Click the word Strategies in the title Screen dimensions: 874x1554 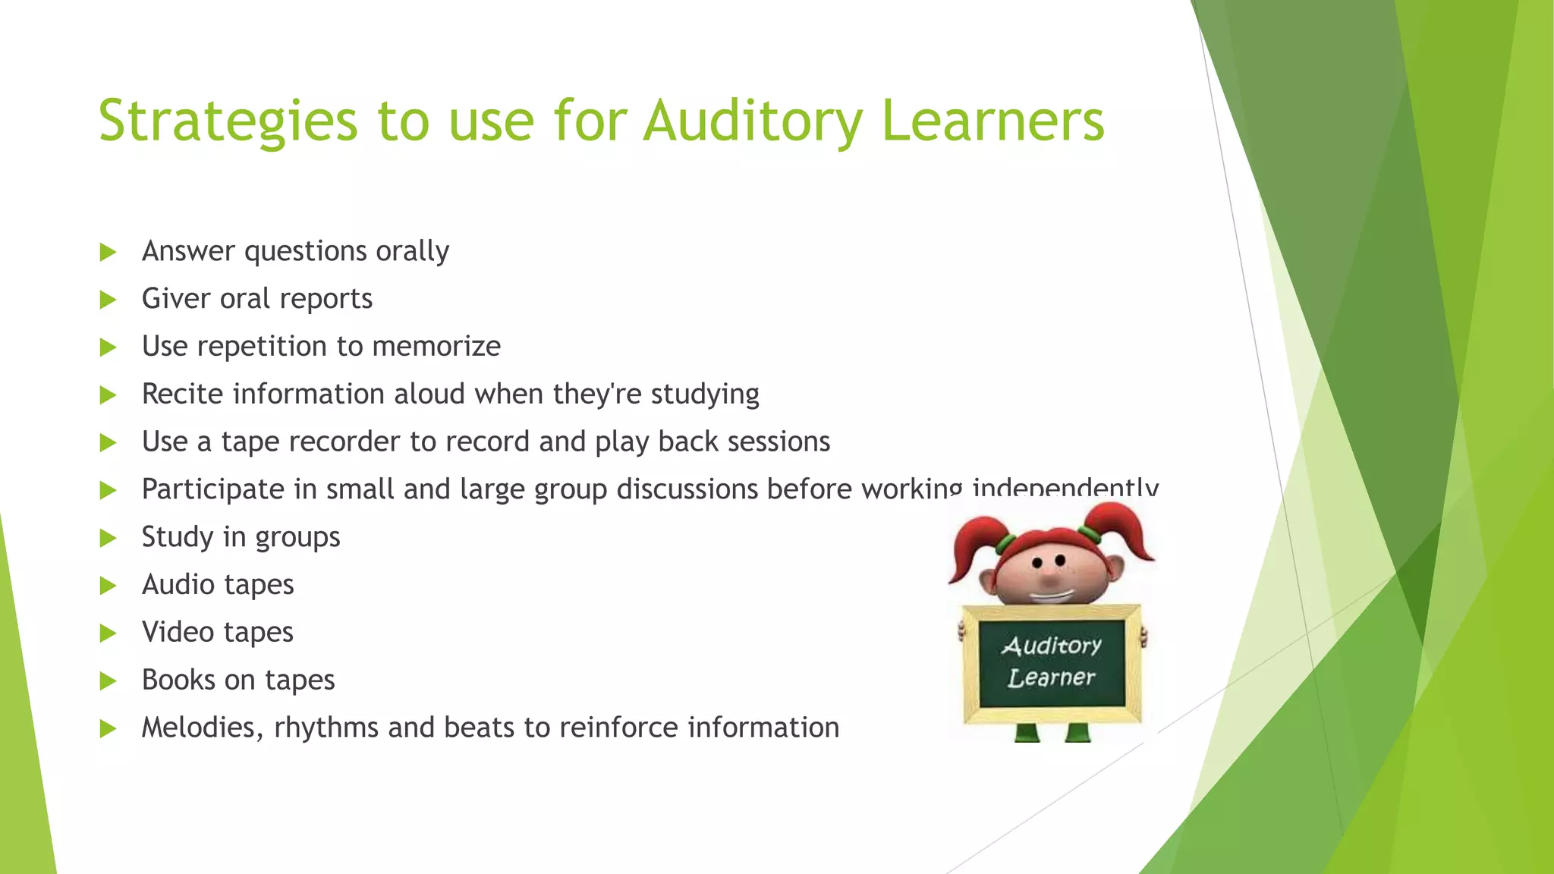(x=228, y=121)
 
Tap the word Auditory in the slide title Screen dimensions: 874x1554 (x=753, y=121)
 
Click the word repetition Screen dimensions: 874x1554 (x=262, y=347)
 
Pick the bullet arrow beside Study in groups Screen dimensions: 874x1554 (x=109, y=538)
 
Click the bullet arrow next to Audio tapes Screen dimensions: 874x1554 (x=109, y=586)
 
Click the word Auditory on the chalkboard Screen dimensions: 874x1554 (x=1051, y=646)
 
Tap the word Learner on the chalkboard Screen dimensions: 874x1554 (x=1051, y=677)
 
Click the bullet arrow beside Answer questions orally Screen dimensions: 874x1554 (x=109, y=252)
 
